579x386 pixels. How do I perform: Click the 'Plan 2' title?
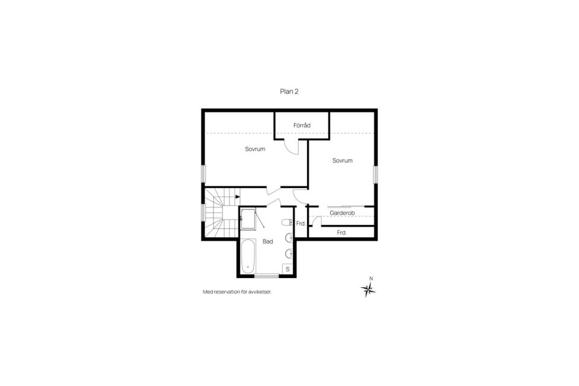click(289, 92)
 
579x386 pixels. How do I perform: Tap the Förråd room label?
click(302, 125)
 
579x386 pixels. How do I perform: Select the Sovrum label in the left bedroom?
click(255, 149)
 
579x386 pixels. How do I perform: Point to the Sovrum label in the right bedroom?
click(342, 160)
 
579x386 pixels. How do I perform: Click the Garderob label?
click(341, 213)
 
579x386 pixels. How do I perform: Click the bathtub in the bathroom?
click(248, 256)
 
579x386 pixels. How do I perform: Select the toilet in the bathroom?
click(287, 222)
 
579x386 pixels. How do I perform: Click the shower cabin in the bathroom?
click(248, 218)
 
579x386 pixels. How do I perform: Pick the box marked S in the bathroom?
click(288, 268)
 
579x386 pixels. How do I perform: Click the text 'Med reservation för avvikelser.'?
click(238, 292)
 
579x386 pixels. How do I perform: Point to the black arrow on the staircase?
click(238, 197)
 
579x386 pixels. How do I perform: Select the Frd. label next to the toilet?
click(300, 224)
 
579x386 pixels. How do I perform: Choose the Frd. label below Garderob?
click(341, 232)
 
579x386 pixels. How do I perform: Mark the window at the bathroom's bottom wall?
click(267, 276)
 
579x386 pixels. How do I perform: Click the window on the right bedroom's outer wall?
click(375, 174)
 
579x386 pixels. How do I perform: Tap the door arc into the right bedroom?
click(299, 196)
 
